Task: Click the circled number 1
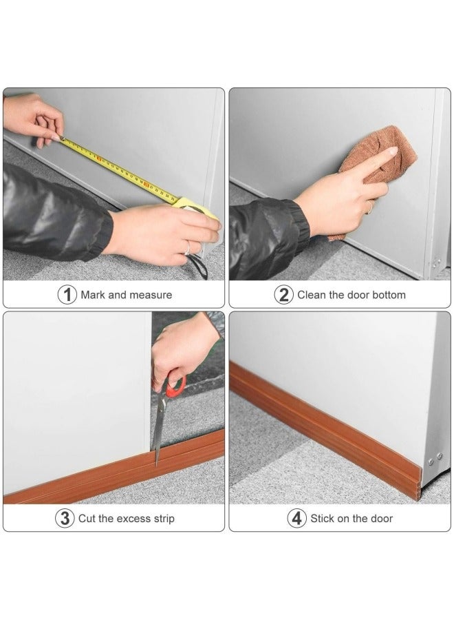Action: tap(67, 295)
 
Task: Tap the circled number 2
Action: tap(284, 295)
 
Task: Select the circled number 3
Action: tap(64, 519)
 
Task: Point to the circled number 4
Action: tap(296, 519)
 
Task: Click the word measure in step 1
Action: tap(150, 295)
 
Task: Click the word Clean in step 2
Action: tap(312, 295)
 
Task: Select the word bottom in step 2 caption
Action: tap(389, 295)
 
